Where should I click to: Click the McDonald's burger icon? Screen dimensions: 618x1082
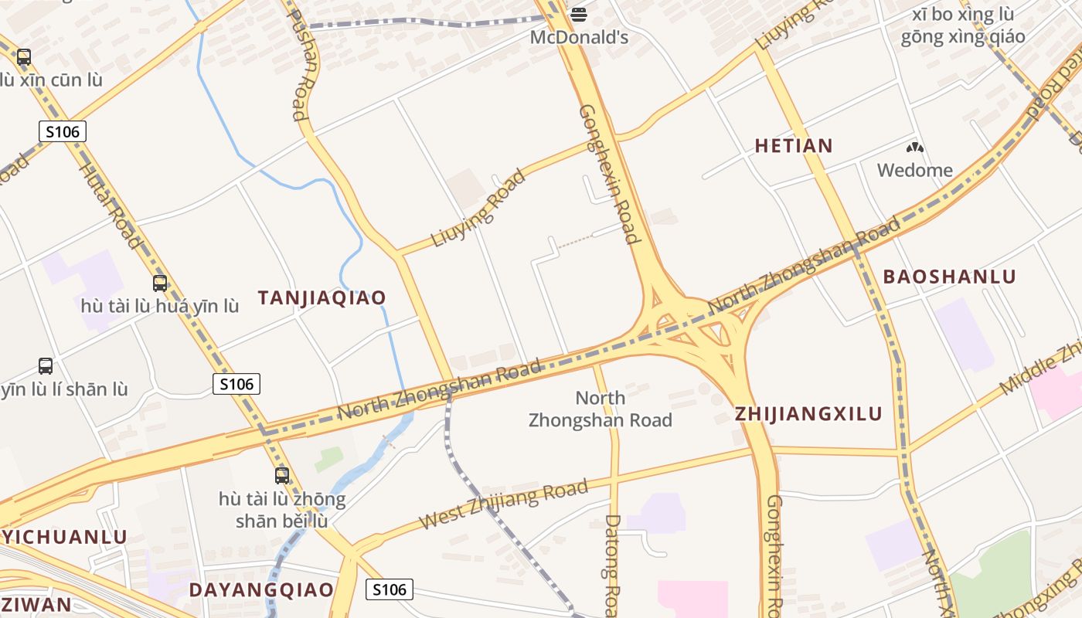coord(578,14)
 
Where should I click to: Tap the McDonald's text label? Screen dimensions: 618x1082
coord(578,37)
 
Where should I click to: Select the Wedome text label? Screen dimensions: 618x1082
coord(915,170)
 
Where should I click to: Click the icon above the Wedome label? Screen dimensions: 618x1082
coord(915,147)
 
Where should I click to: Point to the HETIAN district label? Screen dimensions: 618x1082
coord(794,145)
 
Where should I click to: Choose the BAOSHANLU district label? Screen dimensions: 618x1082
coord(949,277)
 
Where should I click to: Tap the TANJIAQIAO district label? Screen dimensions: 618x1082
coord(322,297)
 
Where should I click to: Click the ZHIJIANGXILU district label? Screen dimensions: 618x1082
coord(808,413)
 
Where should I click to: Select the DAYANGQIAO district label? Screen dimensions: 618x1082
coord(262,590)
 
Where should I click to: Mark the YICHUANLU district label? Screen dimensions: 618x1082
coord(63,537)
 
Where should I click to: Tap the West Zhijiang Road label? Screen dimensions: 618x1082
coord(503,504)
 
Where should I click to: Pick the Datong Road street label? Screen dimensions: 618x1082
coord(612,564)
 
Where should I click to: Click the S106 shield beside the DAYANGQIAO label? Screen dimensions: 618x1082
coord(389,589)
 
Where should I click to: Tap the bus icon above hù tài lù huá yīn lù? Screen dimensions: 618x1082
coord(160,284)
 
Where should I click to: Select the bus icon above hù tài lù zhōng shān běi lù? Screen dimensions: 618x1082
coord(282,476)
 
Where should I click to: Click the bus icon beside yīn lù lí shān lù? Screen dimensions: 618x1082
coord(46,366)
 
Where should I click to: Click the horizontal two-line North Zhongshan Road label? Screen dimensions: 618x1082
coord(601,409)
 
